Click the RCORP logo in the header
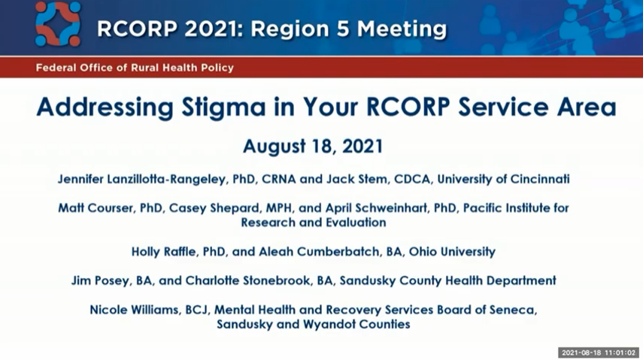click(x=57, y=24)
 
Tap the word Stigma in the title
click(x=224, y=107)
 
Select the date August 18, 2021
click(x=313, y=147)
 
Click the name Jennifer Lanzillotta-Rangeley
click(x=141, y=179)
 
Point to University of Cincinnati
click(x=503, y=179)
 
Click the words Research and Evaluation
click(x=314, y=222)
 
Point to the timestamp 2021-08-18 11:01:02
click(x=599, y=352)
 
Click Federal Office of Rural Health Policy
click(x=135, y=68)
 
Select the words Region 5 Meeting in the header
click(x=349, y=29)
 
